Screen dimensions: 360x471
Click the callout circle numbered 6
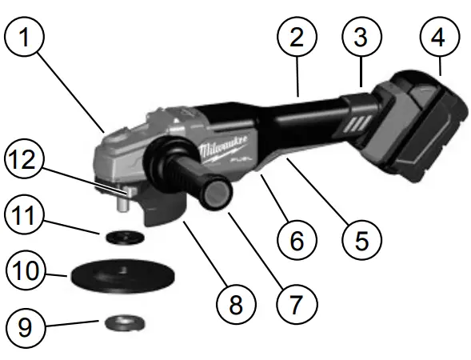click(295, 238)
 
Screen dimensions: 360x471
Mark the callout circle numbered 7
click(297, 304)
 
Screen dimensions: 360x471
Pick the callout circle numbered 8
click(234, 304)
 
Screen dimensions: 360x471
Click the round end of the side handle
click(218, 194)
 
